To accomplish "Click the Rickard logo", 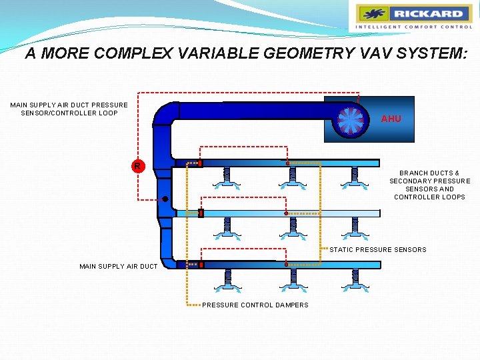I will [413, 17].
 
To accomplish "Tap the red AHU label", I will [391, 119].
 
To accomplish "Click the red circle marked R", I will [137, 165].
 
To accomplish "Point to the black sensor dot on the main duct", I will [164, 199].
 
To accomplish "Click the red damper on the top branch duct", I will [200, 163].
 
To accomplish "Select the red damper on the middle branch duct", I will [200, 213].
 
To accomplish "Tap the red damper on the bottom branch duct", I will [201, 265].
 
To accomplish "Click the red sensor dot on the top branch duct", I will [287, 163].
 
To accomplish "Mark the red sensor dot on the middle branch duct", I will [287, 213].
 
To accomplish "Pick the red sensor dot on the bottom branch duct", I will [287, 265].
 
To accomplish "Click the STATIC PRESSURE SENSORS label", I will [378, 250].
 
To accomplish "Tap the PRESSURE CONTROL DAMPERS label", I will [255, 305].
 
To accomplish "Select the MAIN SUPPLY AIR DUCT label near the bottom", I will [119, 267].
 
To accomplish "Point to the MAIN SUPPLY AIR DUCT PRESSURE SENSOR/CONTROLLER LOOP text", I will [69, 109].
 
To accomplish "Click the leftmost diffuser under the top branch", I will [227, 180].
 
